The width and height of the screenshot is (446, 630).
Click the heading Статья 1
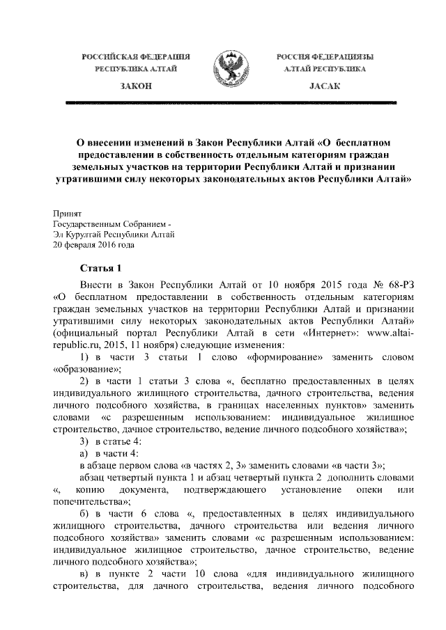pos(104,268)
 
